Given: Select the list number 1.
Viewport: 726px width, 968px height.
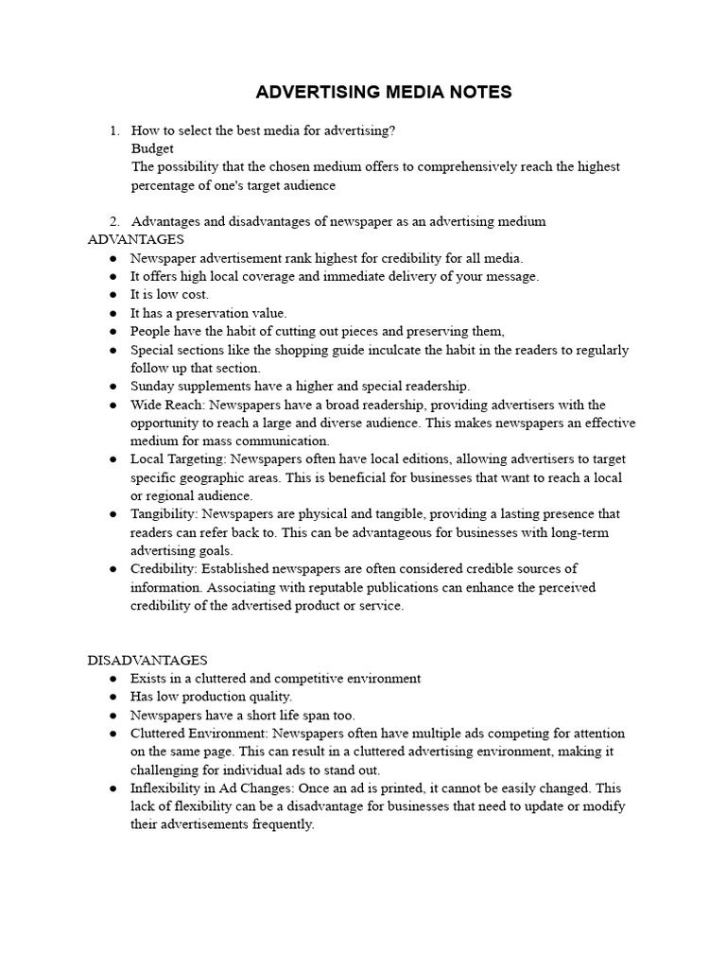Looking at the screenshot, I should pyautogui.click(x=113, y=130).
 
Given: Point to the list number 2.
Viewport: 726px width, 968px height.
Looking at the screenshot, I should pyautogui.click(x=113, y=221).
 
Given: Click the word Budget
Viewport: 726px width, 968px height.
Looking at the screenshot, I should pyautogui.click(x=152, y=148).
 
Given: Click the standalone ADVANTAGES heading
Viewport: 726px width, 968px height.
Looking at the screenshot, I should pyautogui.click(x=135, y=239).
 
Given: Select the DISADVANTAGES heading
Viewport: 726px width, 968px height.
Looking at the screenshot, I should pyautogui.click(x=147, y=660).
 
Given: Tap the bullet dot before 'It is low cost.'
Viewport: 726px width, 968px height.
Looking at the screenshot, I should pyautogui.click(x=112, y=295).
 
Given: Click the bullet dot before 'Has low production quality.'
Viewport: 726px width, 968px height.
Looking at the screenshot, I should pyautogui.click(x=112, y=697).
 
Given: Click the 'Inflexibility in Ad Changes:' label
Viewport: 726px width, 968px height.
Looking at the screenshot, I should pyautogui.click(x=211, y=788).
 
